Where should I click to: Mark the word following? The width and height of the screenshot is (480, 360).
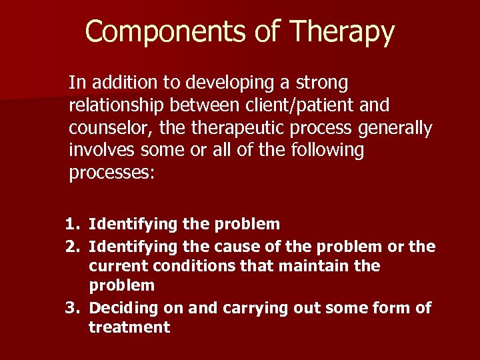coord(327,150)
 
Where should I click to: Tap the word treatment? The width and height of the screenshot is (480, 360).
coord(129,327)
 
